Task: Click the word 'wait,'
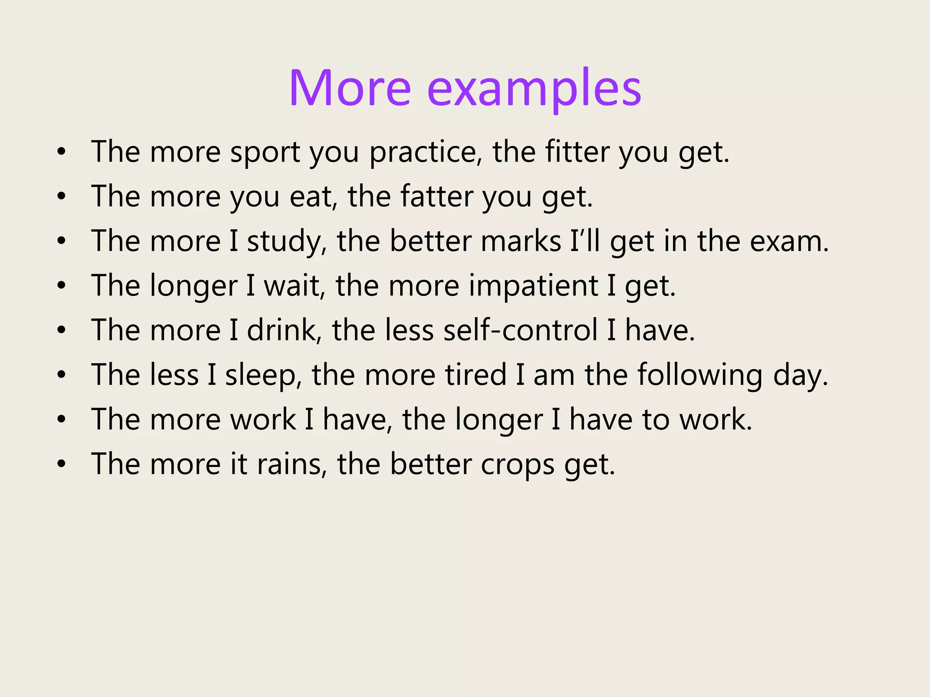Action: click(x=295, y=286)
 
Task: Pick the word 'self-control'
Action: click(x=520, y=330)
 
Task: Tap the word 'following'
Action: click(x=700, y=375)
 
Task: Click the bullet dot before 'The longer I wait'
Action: click(x=62, y=286)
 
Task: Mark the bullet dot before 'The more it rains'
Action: click(x=62, y=464)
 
